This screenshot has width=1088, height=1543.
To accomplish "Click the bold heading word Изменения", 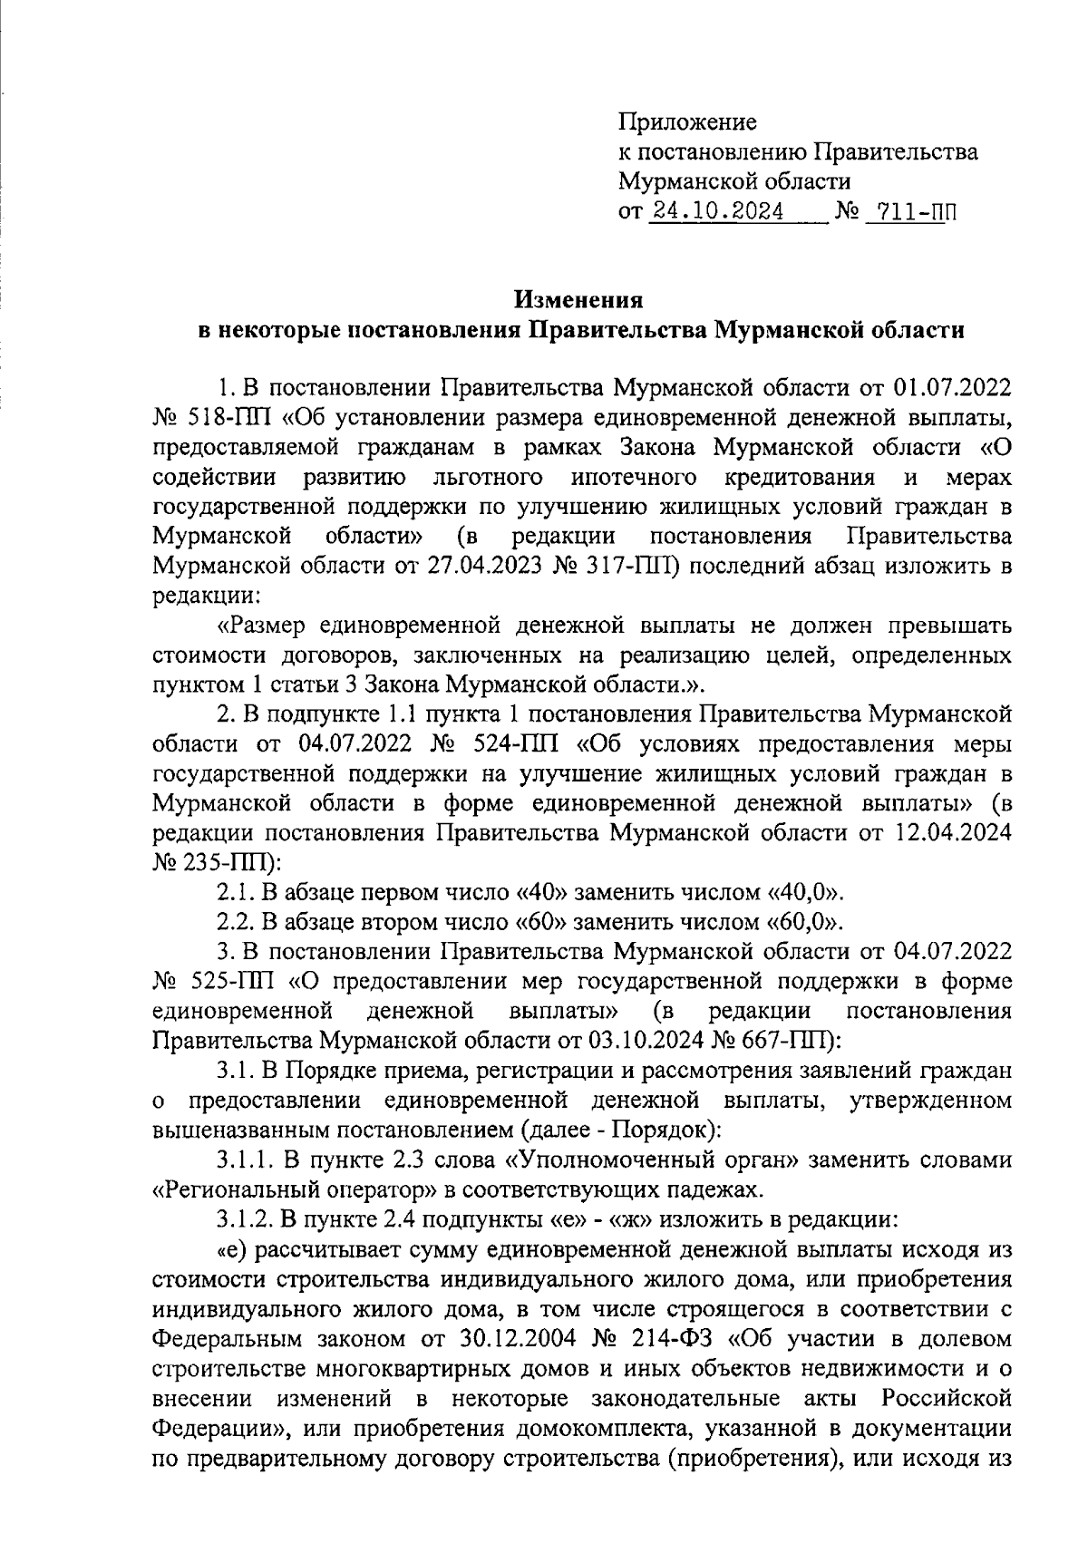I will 579,299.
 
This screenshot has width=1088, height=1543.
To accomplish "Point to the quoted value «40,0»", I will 804,892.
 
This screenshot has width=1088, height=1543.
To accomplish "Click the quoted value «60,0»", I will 804,922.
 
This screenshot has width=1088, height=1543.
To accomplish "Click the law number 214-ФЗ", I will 672,1336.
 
